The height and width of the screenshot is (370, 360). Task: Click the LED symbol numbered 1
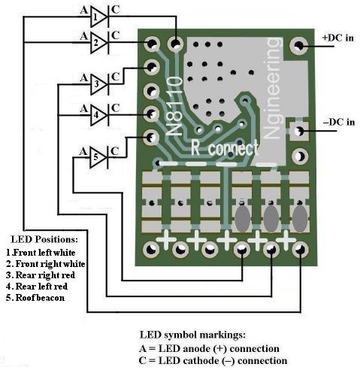coord(99,17)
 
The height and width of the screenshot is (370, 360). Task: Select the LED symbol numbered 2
coord(99,43)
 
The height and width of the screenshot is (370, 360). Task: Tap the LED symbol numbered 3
coord(99,84)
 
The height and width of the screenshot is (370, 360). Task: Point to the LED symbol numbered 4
coord(99,115)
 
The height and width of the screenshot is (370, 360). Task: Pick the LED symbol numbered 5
coord(99,157)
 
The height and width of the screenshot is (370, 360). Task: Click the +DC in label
coord(338,38)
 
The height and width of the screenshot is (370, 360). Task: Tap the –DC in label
coord(339,122)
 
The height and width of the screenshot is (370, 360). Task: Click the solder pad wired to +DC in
coord(298,46)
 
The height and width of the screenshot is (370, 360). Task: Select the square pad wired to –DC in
coord(299,131)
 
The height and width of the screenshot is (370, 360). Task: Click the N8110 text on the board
coord(174,106)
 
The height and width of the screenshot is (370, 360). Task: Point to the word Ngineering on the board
coord(273,88)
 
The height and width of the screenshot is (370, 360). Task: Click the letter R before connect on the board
coord(195,147)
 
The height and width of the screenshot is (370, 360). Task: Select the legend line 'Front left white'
coord(41,253)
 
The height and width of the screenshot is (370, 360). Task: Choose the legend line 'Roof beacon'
coord(35,298)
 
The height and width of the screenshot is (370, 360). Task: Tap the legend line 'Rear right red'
coord(41,275)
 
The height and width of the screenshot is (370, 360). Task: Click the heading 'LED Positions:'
coord(44,239)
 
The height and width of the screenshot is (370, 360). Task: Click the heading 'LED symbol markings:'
coord(192,335)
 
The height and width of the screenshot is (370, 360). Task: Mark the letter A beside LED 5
coord(83,151)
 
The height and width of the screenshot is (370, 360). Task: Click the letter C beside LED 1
coord(115,10)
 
